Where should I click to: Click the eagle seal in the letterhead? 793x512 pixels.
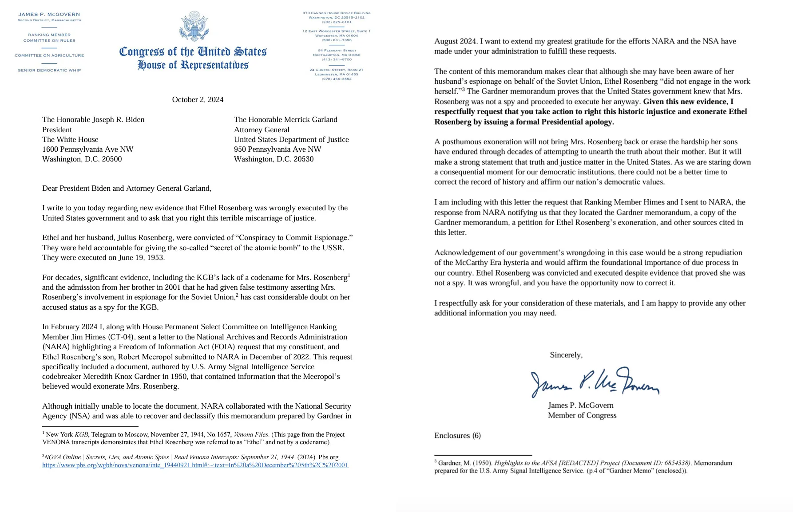pos(194,27)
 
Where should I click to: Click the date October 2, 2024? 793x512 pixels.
pos(198,100)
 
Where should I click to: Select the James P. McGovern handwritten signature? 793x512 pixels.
pos(595,382)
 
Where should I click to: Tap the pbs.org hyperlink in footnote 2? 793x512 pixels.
pos(195,465)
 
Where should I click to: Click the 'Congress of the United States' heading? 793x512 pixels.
pos(193,52)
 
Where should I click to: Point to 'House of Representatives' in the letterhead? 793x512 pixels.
pos(193,66)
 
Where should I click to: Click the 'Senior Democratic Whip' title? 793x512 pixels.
pos(49,71)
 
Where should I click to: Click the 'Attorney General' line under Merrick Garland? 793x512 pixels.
pos(262,130)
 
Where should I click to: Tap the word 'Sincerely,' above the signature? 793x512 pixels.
pos(566,355)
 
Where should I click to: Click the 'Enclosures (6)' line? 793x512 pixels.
pos(457,436)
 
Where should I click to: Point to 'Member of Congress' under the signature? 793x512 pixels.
pos(582,416)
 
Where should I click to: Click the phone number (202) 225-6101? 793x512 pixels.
pos(336,22)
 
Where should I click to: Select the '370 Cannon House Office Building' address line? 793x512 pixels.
pos(336,13)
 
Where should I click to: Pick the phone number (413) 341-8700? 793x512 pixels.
pos(336,59)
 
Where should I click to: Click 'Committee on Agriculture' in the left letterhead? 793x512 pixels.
pos(49,55)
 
